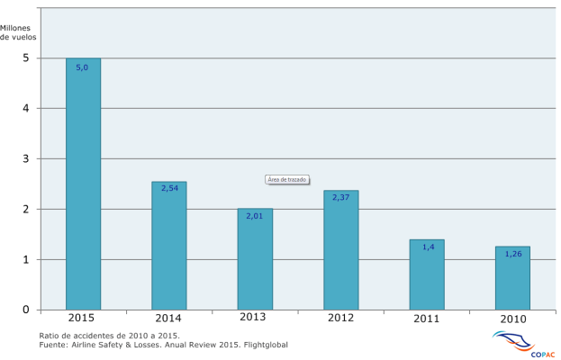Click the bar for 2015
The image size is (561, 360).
83,184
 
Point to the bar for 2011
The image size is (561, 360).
427,274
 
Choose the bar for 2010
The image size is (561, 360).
512,278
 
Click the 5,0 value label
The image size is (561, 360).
82,67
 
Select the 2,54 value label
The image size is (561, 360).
169,188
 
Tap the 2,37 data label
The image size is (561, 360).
340,197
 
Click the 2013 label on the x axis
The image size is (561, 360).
254,317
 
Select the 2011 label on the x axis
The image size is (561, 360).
427,319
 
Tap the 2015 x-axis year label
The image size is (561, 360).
82,318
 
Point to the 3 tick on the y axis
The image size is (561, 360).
26,158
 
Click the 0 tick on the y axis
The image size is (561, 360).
26,310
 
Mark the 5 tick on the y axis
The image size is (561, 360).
26,58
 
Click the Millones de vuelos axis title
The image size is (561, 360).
22,32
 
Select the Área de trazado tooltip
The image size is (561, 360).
287,179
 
